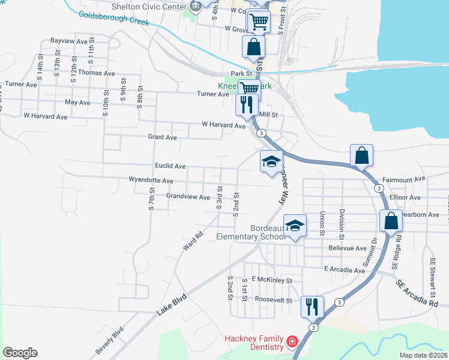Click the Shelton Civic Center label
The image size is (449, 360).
click(x=150, y=6)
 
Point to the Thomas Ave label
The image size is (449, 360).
click(x=96, y=73)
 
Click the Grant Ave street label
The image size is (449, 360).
click(x=162, y=137)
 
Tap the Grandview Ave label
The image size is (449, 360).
click(x=188, y=197)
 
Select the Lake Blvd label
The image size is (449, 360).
click(x=172, y=303)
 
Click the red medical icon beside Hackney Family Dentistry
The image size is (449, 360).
click(x=292, y=342)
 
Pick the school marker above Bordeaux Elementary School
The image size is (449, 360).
click(x=295, y=226)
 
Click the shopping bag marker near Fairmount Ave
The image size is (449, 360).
click(x=362, y=155)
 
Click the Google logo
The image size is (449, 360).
click(x=20, y=353)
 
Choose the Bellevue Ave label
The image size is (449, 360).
click(x=347, y=248)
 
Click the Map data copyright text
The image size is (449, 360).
click(x=423, y=355)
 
